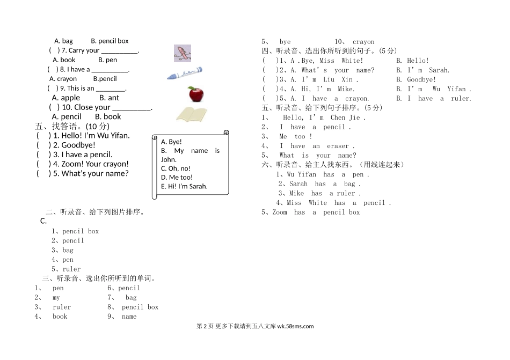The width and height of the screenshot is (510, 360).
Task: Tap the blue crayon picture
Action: coord(184,73)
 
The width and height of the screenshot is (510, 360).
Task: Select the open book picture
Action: coord(192,114)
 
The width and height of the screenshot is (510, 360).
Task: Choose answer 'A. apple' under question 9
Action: coord(66,98)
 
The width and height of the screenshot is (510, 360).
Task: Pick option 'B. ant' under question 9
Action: coord(110,98)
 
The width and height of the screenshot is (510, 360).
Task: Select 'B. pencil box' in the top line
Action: coord(110,41)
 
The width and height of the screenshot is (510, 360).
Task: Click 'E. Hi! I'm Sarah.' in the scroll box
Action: coord(184,186)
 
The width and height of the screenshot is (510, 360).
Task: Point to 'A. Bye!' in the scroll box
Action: coord(171,142)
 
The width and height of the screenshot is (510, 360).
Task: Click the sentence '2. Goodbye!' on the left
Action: coord(74,145)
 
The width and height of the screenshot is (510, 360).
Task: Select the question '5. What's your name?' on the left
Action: coord(91,173)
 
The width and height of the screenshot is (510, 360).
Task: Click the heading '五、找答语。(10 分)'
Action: coord(72,127)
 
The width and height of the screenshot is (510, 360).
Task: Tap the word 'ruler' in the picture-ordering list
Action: coord(71,269)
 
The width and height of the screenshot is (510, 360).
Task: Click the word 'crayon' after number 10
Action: coord(363,42)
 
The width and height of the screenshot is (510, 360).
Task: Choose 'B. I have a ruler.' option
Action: coord(434,98)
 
